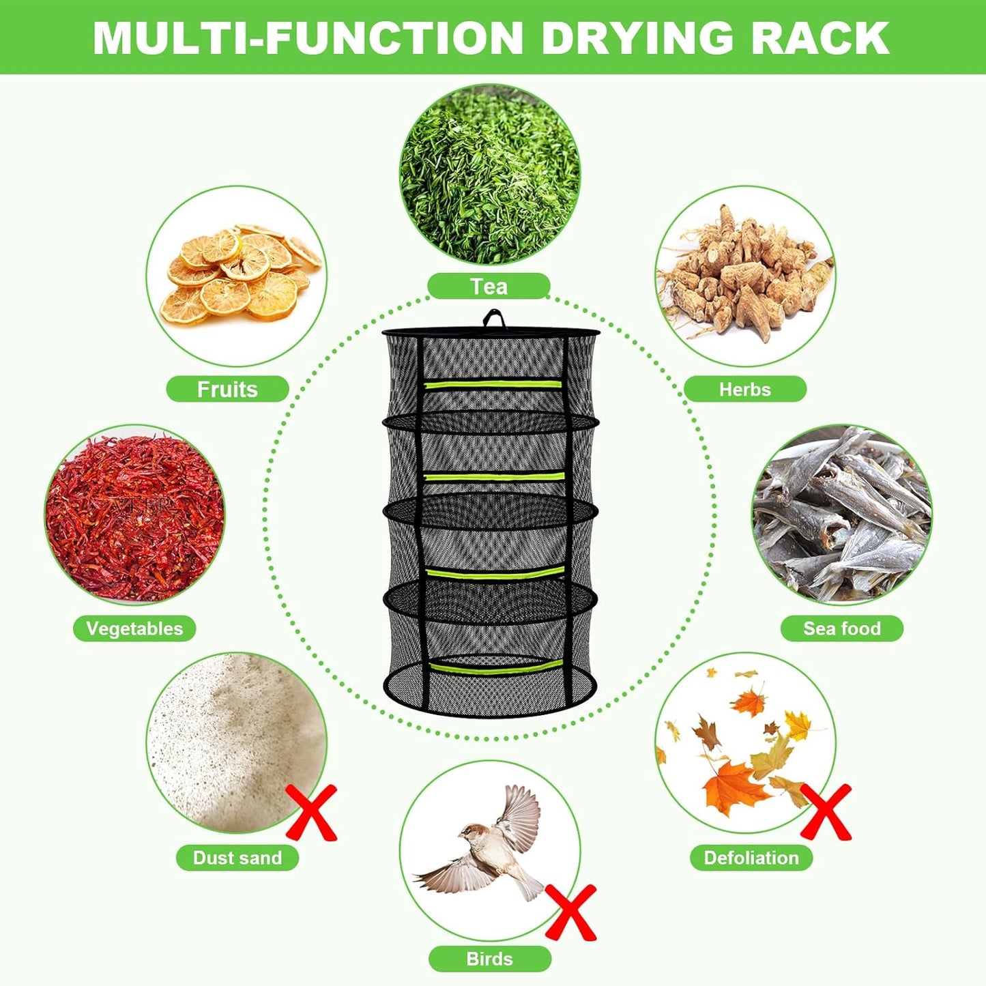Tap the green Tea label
tap(489, 287)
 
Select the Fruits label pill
tap(227, 389)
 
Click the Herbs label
tap(744, 389)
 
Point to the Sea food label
tap(841, 628)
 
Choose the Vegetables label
tap(134, 628)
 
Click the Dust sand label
tap(237, 858)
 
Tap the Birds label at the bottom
tap(489, 959)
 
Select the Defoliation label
tap(751, 858)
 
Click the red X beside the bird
tap(570, 912)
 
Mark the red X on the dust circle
tap(311, 812)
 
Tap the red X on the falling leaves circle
tap(826, 811)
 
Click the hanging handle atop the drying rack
tap(493, 319)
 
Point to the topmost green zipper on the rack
tap(493, 384)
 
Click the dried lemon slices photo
tap(237, 276)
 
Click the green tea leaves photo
tap(489, 174)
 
